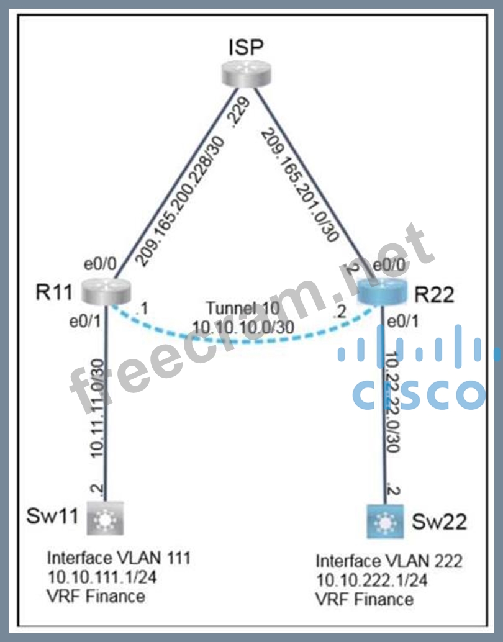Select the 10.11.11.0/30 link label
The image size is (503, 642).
click(99, 407)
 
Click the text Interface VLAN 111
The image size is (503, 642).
click(119, 558)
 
